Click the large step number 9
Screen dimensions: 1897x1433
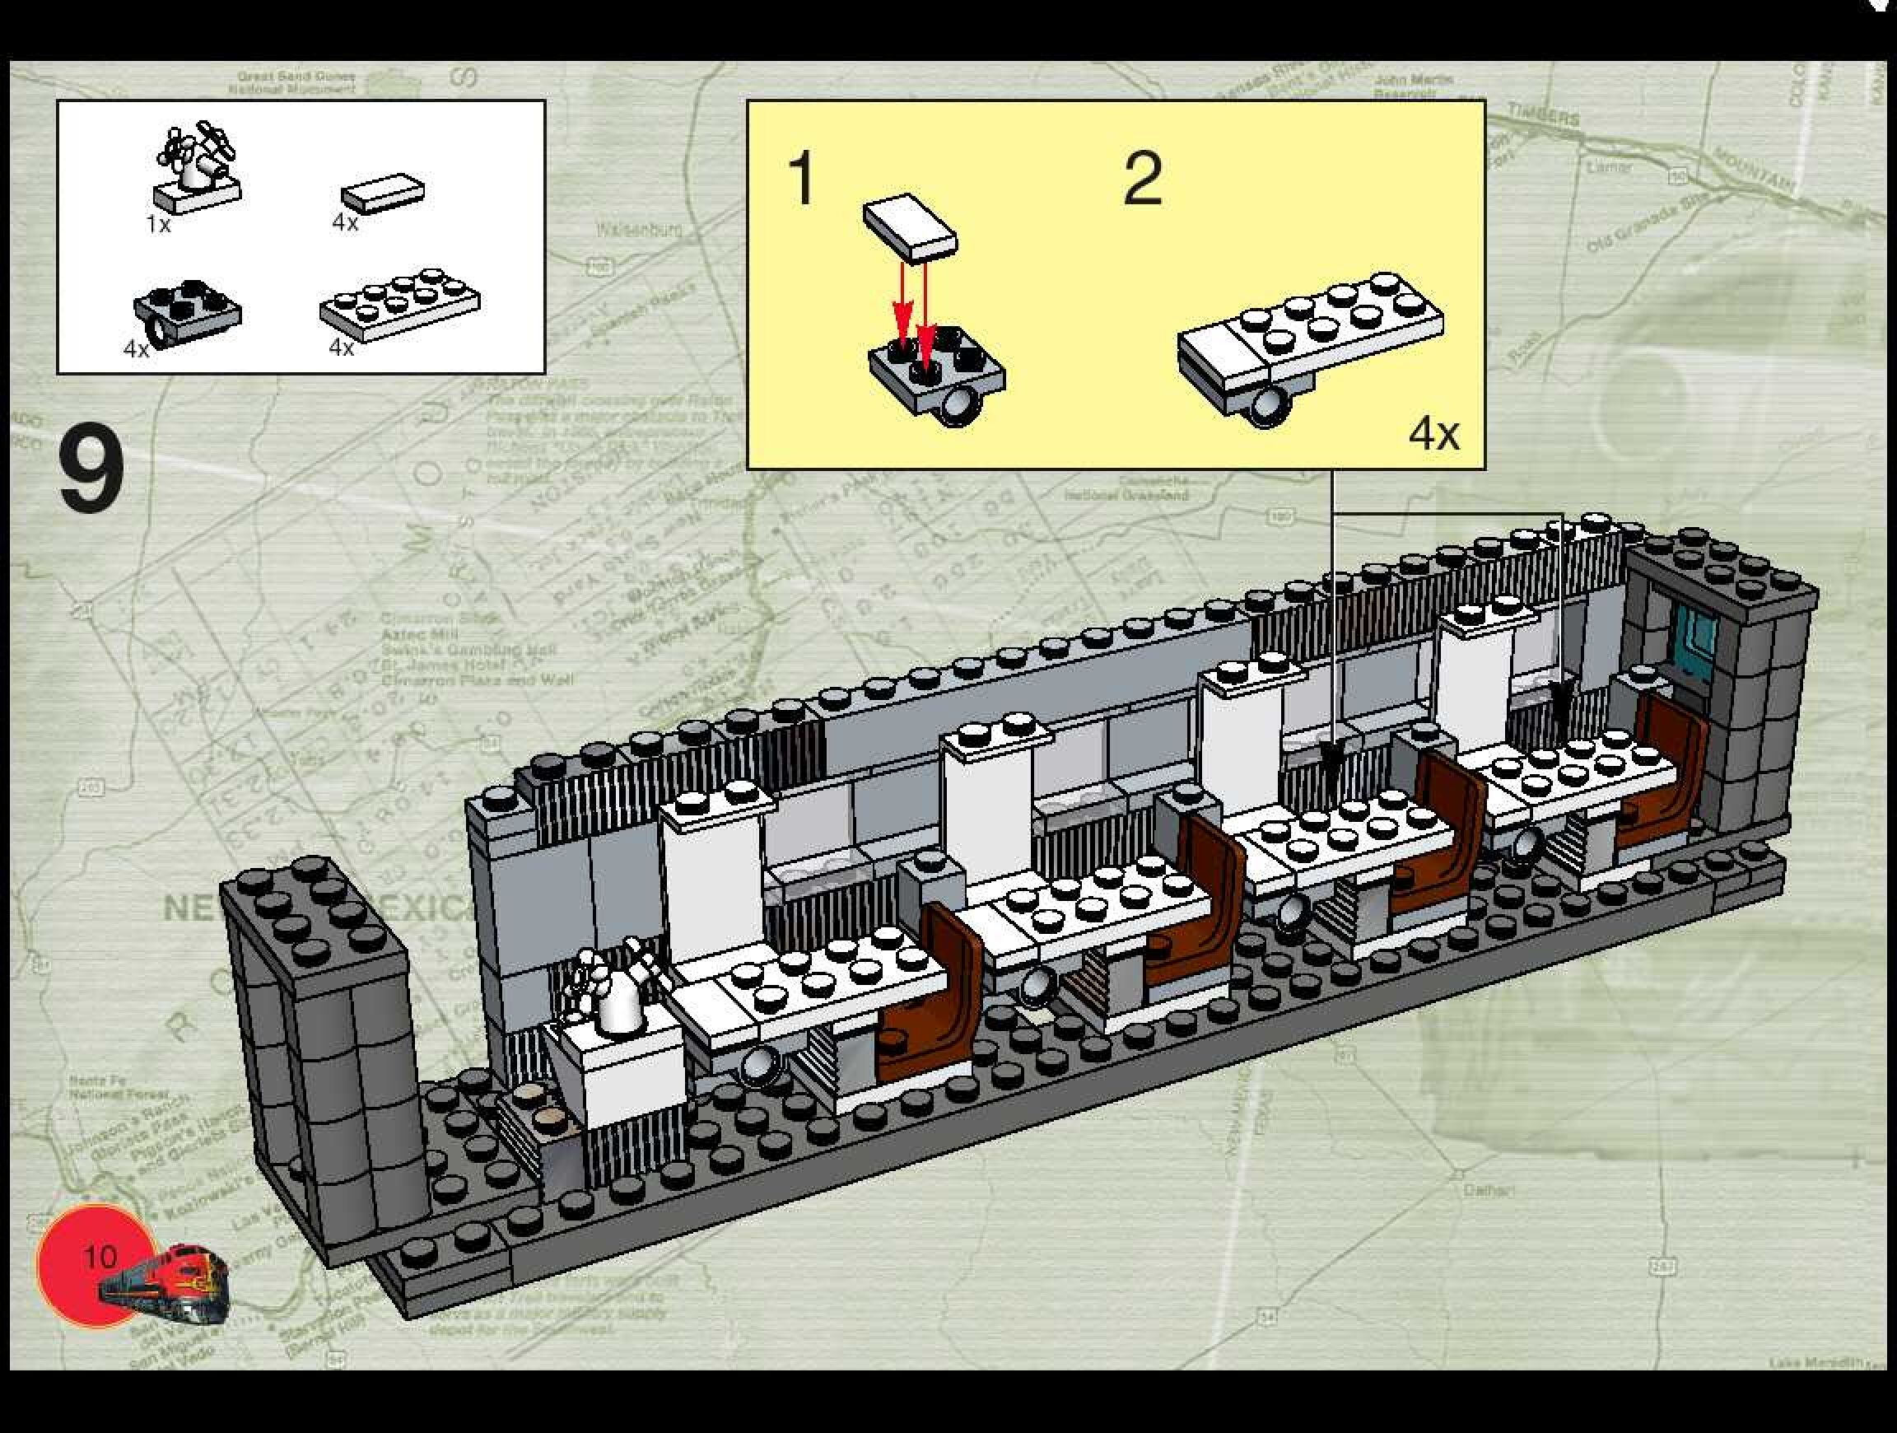(91, 470)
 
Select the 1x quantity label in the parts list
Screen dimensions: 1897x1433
(159, 225)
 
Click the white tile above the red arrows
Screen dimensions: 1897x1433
(910, 226)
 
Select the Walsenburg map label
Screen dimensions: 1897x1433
(640, 229)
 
